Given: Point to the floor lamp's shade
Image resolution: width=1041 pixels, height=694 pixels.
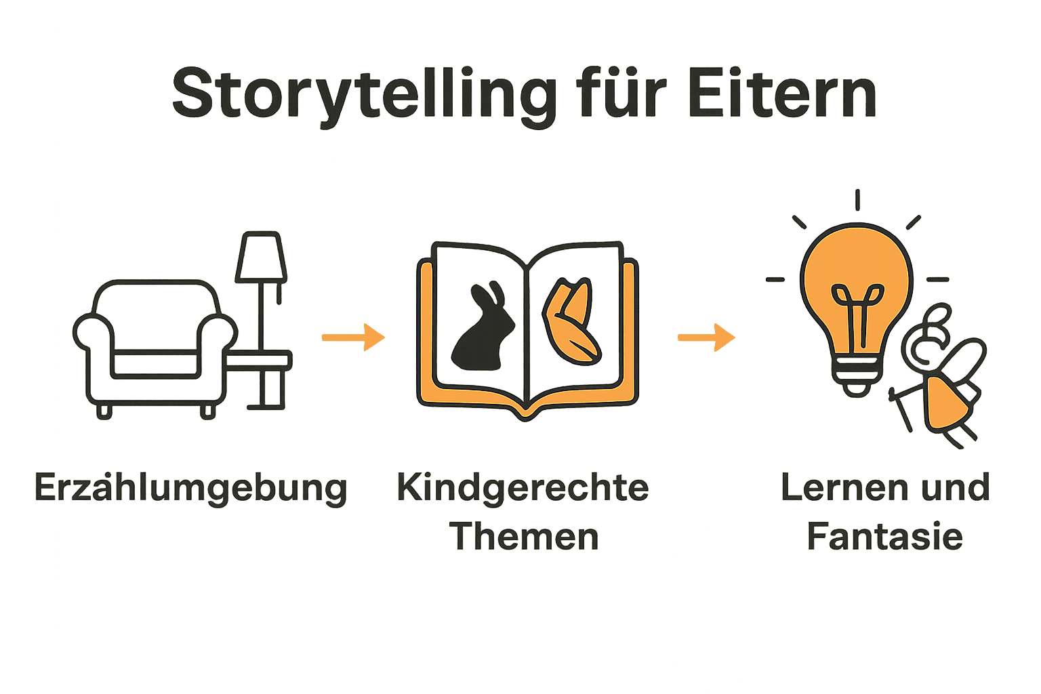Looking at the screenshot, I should [x=261, y=258].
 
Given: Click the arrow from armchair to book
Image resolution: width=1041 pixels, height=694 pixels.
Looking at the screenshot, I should [x=352, y=337].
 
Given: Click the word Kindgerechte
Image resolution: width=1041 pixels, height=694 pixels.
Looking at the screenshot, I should [x=523, y=488].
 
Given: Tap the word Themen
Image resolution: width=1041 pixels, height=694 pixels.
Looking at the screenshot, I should [x=524, y=537].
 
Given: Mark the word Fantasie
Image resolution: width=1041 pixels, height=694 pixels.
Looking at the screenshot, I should [x=885, y=537].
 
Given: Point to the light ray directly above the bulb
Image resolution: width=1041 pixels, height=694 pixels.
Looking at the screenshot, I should [x=857, y=200].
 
